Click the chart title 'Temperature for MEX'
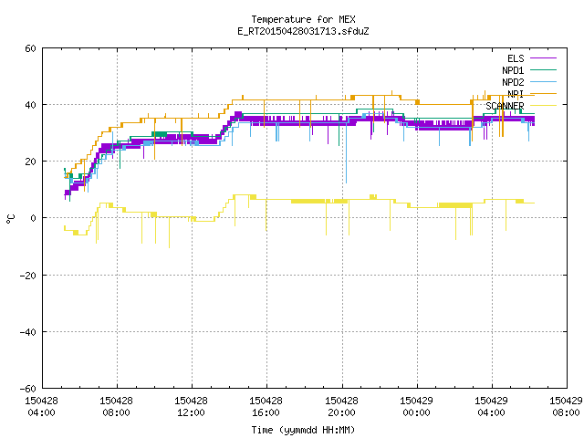click(303, 19)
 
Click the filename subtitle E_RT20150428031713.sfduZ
click(303, 31)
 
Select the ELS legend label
click(516, 58)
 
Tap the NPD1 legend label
click(513, 70)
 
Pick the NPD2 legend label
click(513, 82)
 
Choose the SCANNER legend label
click(505, 106)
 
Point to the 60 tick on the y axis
click(30, 48)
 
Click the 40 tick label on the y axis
click(30, 105)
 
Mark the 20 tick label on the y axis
click(30, 162)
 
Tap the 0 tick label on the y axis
click(33, 218)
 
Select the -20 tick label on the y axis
click(28, 276)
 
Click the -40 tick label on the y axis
click(28, 332)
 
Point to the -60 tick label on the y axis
click(28, 389)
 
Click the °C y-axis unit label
click(11, 219)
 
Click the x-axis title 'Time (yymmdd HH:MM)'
click(303, 430)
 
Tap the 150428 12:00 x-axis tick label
click(191, 407)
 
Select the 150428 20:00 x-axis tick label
click(341, 407)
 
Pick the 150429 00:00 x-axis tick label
click(416, 407)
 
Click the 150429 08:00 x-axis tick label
click(566, 407)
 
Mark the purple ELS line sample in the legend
click(544, 58)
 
